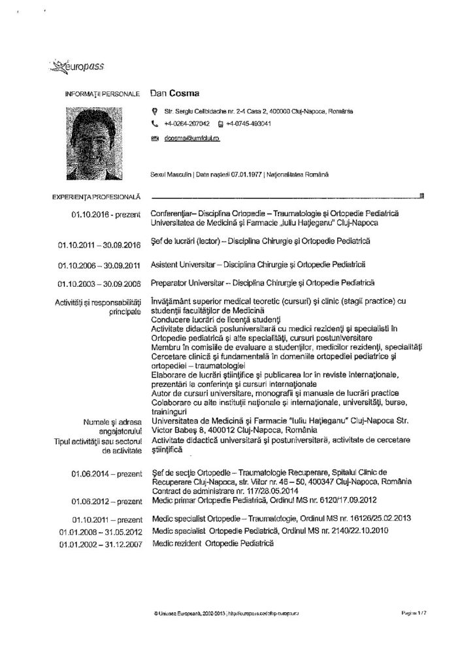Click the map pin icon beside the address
(154, 111)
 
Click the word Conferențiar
(169, 214)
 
